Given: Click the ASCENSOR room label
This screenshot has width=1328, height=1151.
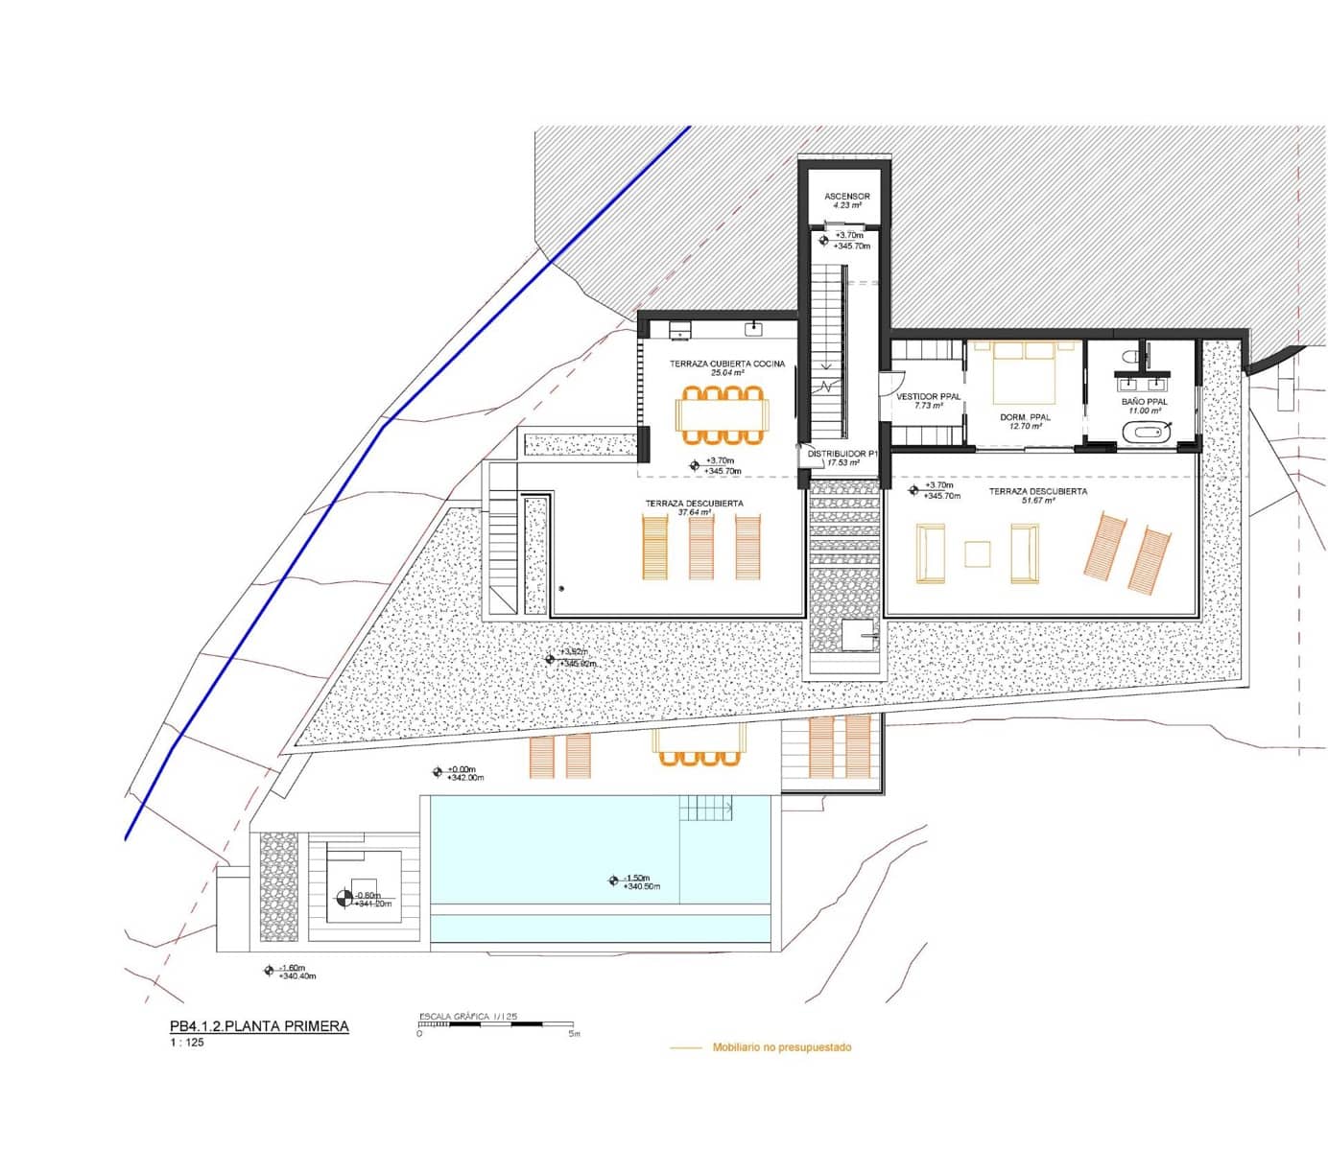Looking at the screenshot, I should click(x=846, y=197).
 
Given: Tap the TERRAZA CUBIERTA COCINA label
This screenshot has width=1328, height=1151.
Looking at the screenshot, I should click(x=727, y=364).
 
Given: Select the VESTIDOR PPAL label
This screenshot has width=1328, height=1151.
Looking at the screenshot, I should click(x=928, y=397).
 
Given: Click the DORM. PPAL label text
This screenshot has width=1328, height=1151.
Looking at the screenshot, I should click(x=1025, y=417).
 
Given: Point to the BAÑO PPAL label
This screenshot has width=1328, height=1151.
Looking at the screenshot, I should click(x=1144, y=402).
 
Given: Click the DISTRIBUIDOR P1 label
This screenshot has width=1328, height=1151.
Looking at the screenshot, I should click(x=842, y=454).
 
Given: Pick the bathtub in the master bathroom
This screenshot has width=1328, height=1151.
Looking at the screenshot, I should click(x=1145, y=432).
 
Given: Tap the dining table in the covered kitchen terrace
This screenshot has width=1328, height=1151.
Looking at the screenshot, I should click(x=723, y=415).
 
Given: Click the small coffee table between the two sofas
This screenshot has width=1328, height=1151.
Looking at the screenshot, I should click(x=978, y=554).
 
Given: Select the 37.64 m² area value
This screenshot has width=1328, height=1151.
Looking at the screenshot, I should click(x=694, y=513).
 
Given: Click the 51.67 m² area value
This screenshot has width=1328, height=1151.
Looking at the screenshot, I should click(x=1037, y=501).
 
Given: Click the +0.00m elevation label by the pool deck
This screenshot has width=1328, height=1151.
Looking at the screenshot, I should click(x=462, y=769).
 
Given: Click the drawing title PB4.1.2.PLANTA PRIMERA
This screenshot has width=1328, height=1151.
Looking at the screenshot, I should click(x=259, y=1026).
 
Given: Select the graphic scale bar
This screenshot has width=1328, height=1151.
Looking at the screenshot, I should click(x=496, y=1024).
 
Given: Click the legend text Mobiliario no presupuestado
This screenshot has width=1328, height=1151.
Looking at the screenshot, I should click(x=781, y=1047).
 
